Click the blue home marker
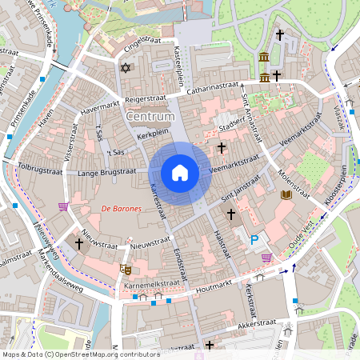pyautogui.click(x=180, y=173)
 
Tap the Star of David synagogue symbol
pyautogui.click(x=124, y=68)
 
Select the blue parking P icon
pyautogui.click(x=255, y=238)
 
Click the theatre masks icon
pyautogui.click(x=124, y=270)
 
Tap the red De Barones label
pyautogui.click(x=121, y=209)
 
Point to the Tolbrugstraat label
pyautogui.click(x=42, y=169)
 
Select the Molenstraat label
pyautogui.click(x=294, y=181)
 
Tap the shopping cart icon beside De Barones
pyautogui.click(x=62, y=206)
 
